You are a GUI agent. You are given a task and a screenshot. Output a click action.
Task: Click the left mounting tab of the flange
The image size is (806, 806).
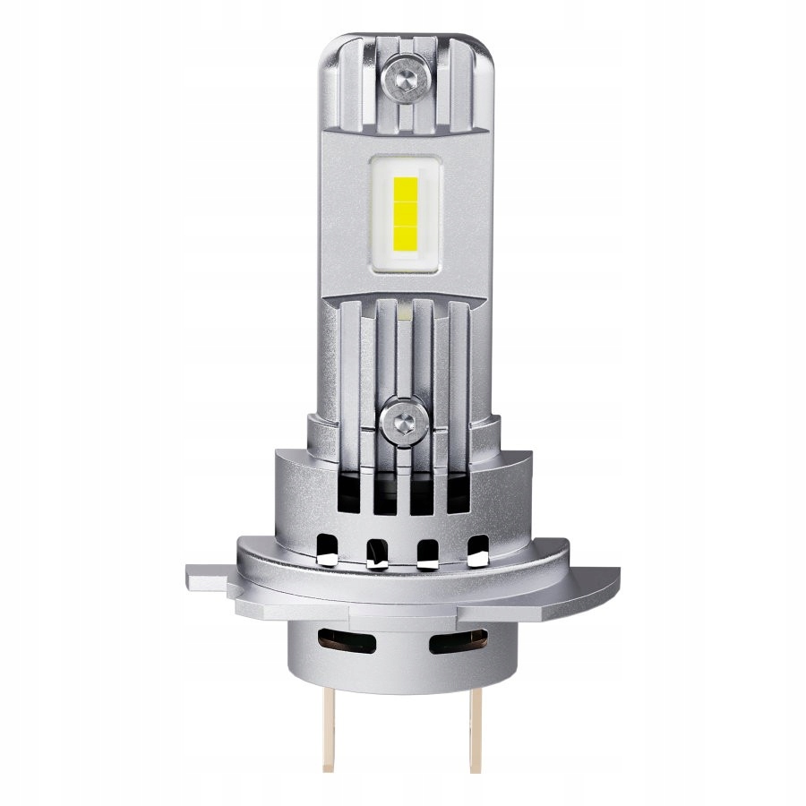[208, 578]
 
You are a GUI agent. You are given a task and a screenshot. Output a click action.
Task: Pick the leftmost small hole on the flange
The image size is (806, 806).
[326, 549]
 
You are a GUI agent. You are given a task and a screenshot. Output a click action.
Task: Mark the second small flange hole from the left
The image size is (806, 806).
[376, 553]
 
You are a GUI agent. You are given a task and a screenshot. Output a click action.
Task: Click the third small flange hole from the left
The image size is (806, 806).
[427, 553]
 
